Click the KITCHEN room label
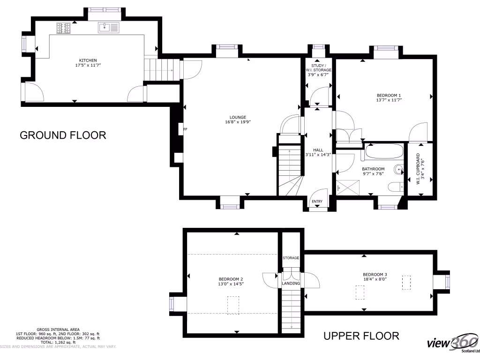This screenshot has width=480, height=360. [x=88, y=60]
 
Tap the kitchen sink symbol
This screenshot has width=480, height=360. [x=109, y=28]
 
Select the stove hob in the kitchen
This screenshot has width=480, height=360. [x=63, y=28]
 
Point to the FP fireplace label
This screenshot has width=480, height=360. [x=185, y=129]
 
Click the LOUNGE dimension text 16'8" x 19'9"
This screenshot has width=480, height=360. [x=238, y=122]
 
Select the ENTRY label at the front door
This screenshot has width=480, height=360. [x=317, y=202]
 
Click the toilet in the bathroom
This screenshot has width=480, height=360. [x=396, y=187]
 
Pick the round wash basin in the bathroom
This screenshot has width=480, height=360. [x=399, y=170]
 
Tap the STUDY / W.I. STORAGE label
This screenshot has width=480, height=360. [x=319, y=70]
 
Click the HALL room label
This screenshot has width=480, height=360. [x=318, y=150]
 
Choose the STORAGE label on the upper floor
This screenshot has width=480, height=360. [x=291, y=258]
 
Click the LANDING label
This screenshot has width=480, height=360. [x=291, y=284]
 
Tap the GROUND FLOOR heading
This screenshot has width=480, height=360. [x=63, y=135]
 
